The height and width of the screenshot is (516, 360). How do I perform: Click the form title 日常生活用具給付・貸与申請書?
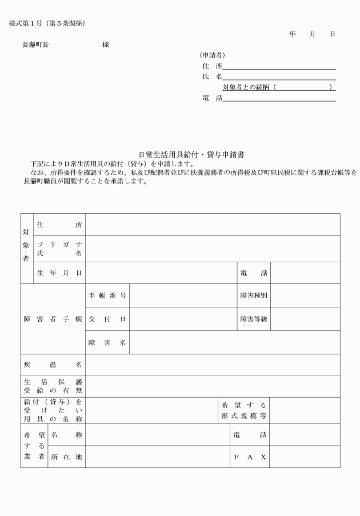click(191, 155)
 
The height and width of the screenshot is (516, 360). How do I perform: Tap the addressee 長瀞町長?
click(35, 44)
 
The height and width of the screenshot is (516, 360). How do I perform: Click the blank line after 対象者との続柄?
click(302, 87)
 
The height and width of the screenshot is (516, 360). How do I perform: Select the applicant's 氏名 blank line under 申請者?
click(279, 77)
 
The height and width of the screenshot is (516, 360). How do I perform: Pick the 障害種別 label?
click(253, 296)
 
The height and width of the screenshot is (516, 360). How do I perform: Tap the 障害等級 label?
click(253, 319)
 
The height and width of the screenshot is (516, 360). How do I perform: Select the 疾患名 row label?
click(53, 365)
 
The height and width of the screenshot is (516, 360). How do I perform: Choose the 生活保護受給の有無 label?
click(53, 386)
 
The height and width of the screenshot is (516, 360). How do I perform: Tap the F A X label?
click(250, 457)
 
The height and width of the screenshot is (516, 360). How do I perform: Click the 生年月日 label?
click(59, 273)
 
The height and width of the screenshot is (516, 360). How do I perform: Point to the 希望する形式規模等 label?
click(244, 410)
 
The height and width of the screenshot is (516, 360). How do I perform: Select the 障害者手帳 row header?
click(53, 319)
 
